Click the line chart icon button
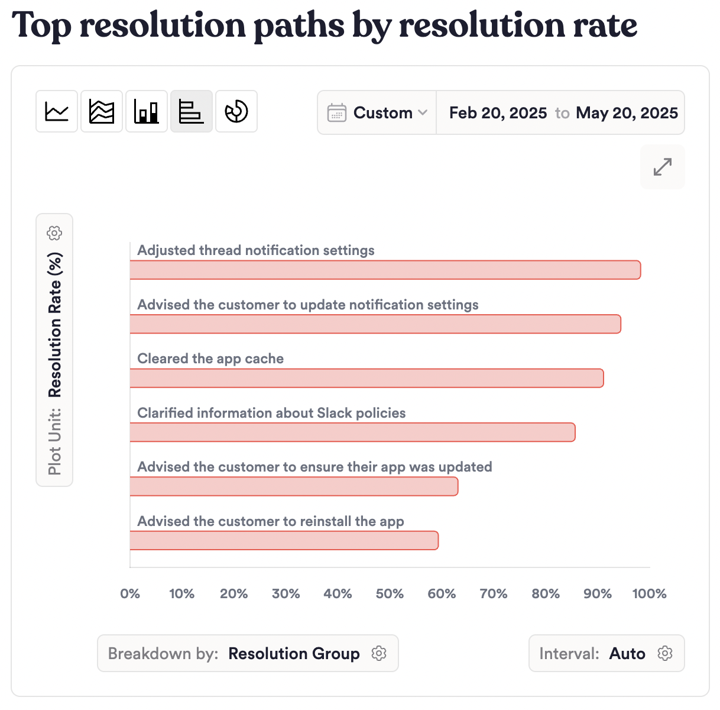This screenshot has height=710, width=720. [x=57, y=111]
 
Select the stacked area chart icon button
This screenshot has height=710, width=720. [x=102, y=111]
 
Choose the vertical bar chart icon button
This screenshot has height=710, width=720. [x=147, y=111]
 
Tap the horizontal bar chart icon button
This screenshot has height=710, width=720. [x=192, y=111]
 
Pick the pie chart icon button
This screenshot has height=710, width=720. [x=236, y=111]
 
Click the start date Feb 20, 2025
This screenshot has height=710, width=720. [x=498, y=113]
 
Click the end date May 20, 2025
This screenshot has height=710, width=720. [x=627, y=113]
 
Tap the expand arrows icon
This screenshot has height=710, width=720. [x=663, y=167]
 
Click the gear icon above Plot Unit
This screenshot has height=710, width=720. [x=54, y=233]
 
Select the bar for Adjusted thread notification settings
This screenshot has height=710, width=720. [x=385, y=270]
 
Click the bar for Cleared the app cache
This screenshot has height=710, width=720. [x=367, y=379]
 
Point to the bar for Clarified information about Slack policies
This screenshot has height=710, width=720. [x=352, y=433]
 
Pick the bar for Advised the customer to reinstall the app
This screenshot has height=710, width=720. [x=284, y=541]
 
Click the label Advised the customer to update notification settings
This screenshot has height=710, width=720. [x=308, y=305]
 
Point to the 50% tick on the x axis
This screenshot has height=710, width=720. [x=390, y=594]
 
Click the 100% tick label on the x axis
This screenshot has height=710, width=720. [x=649, y=594]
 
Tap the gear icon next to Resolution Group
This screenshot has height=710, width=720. [x=379, y=653]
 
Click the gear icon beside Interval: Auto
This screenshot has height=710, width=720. [x=665, y=653]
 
